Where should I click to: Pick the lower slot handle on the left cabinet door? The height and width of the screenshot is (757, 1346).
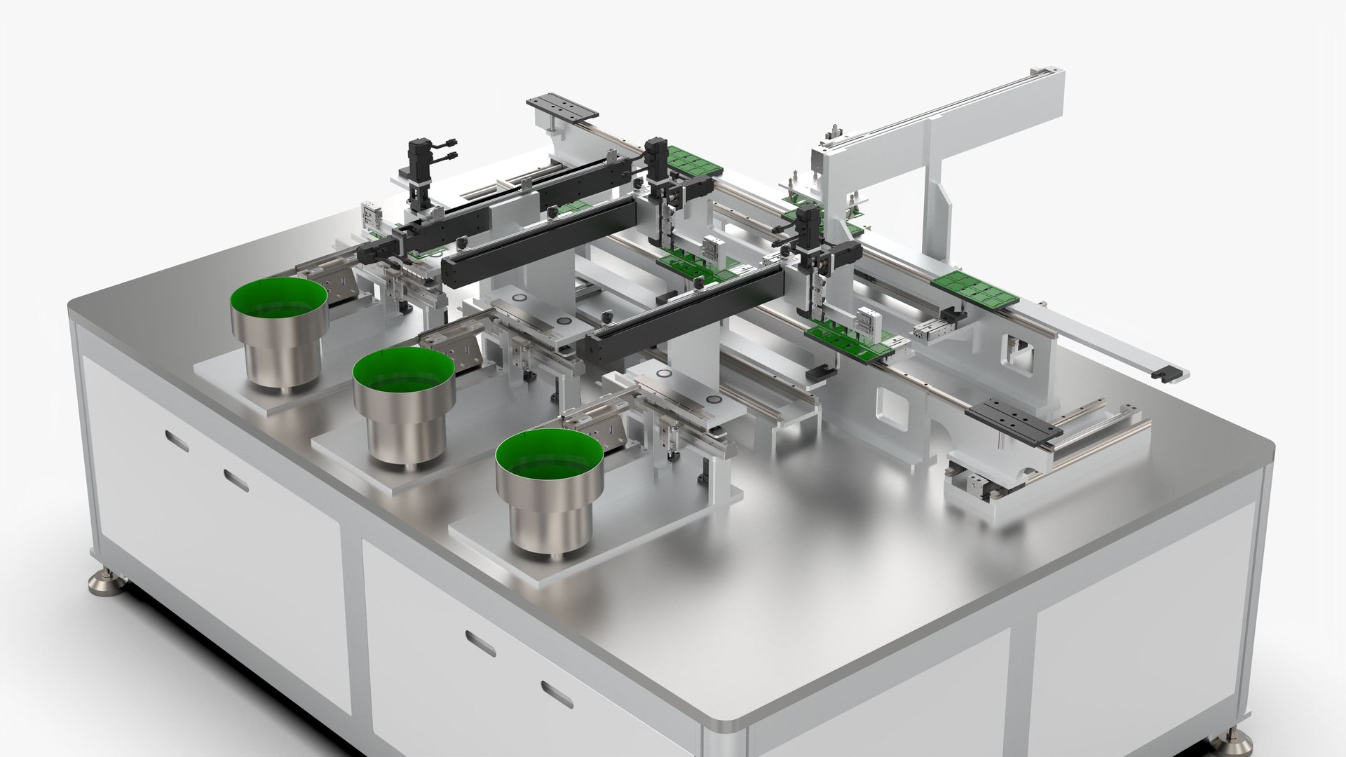click(236, 480)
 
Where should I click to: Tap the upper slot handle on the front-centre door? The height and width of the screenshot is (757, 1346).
click(480, 644)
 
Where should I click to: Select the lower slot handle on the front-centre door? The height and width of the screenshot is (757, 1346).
click(557, 693)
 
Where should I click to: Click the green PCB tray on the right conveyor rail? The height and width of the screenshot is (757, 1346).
click(974, 289)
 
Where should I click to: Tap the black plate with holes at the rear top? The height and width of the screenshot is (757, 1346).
click(562, 107)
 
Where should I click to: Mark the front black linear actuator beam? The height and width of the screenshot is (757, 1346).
click(684, 315)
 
